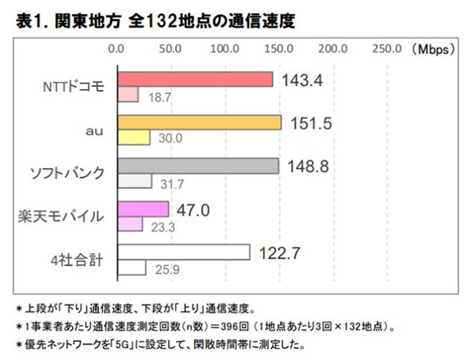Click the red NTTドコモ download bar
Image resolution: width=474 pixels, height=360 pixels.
point(195,79)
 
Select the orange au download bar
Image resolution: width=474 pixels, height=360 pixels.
point(199,122)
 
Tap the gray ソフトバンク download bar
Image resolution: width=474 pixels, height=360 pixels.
point(197,166)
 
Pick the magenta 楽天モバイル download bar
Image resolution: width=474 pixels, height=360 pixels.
point(143,209)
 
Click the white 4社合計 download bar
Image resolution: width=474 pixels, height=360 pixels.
point(183,252)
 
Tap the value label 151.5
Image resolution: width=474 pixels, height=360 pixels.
point(311,124)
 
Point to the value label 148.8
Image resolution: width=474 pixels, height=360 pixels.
point(308,167)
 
